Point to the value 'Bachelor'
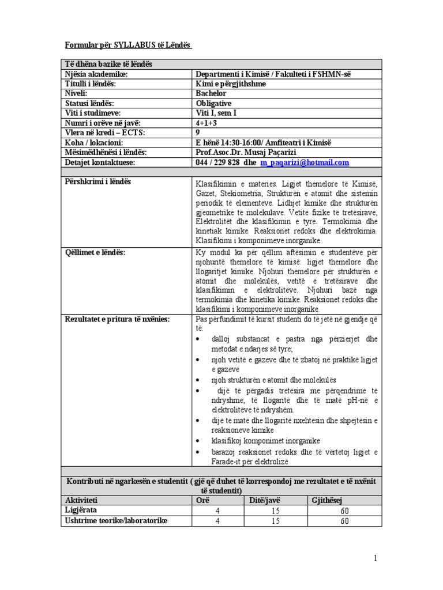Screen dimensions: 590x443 coord(211,93)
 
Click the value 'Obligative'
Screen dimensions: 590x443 coord(213,103)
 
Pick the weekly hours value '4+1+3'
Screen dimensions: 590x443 coord(208,123)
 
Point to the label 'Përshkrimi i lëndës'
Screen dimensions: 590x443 coord(99,181)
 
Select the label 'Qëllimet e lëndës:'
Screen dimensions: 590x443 coord(96,252)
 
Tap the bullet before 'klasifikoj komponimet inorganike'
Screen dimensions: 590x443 coord(199,441)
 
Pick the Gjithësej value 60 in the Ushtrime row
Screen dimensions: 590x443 coord(345,521)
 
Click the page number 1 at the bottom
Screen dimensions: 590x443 coord(374,558)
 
